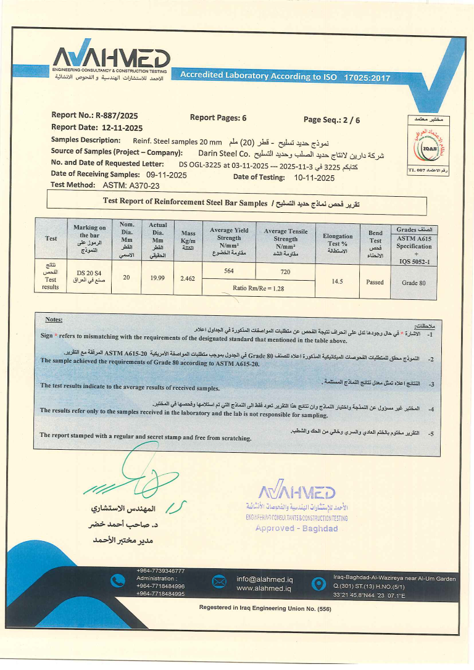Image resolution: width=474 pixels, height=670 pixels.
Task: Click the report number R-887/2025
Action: pos(116,115)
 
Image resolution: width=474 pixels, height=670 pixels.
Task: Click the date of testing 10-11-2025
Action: pos(314,178)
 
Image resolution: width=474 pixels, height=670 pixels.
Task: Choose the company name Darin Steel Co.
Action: pos(223,152)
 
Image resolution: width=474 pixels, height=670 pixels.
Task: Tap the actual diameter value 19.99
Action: pos(157,278)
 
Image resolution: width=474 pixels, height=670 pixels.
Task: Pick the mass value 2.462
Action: pos(188,279)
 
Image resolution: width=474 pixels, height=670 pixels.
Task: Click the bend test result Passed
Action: pos(375,282)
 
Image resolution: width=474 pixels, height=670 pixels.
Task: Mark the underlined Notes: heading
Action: pos(54,320)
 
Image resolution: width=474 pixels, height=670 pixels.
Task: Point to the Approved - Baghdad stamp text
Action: pos(296,529)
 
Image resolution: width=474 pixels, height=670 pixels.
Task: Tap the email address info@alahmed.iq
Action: pos(264,579)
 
